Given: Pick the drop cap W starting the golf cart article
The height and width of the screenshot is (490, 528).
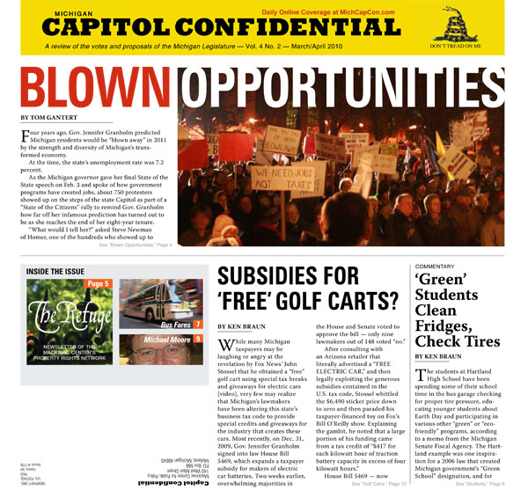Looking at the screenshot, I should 227,344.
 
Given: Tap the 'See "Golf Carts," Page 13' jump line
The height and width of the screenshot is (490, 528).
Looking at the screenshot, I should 379,484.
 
